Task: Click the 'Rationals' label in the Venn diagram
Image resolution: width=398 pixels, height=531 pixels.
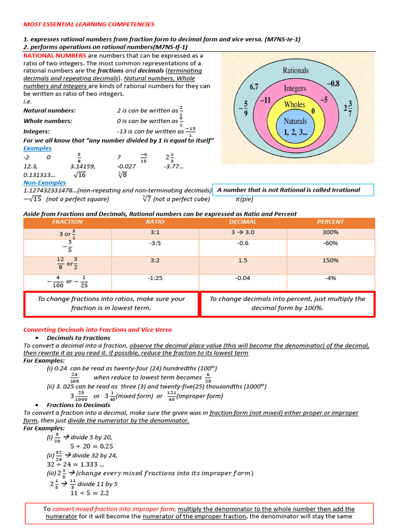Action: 295,70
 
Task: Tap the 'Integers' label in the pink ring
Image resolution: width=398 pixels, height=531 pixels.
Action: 295,89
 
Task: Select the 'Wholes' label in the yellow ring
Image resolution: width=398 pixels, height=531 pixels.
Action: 294,104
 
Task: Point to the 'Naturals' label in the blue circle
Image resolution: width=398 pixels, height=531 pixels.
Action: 295,121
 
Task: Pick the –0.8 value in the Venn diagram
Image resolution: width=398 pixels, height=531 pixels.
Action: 333,82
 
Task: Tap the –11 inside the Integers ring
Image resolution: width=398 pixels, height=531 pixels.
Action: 265,100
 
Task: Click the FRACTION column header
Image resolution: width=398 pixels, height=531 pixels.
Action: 67,222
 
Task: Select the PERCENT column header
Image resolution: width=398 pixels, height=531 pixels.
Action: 330,222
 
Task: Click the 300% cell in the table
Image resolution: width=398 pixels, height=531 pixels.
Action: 330,233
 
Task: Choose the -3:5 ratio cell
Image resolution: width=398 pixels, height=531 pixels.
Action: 155,243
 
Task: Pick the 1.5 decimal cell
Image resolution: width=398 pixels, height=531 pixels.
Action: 243,260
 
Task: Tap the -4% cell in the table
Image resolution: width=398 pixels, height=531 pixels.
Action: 330,278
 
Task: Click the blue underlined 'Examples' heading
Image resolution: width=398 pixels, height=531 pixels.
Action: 38,148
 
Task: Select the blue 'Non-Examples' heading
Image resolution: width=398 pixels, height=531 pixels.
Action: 45,183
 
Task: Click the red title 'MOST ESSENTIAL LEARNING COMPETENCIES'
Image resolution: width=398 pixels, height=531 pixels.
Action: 89,24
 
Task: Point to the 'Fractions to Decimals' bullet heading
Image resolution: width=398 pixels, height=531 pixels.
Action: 78,405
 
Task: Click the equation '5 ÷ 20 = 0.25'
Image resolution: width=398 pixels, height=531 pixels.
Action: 92,446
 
